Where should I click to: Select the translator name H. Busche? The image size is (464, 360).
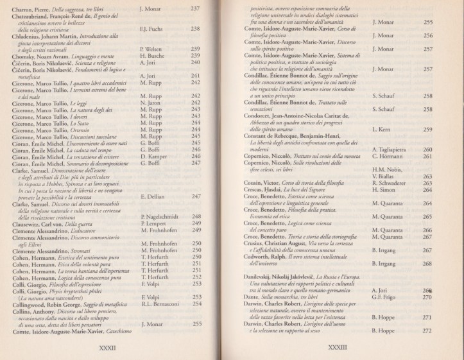pyautogui.click(x=152, y=56)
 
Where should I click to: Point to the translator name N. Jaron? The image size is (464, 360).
pyautogui.click(x=150, y=102)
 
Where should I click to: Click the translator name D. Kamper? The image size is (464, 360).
pyautogui.click(x=153, y=157)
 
